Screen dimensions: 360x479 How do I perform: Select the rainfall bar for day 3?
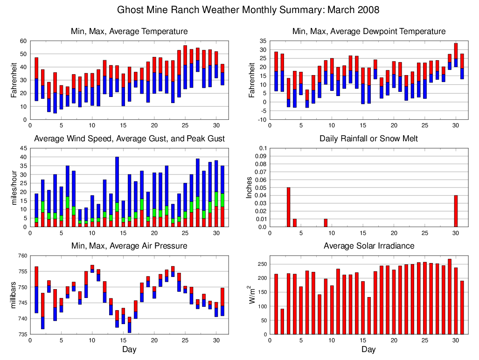click(x=289, y=207)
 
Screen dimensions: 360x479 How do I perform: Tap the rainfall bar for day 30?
click(x=456, y=211)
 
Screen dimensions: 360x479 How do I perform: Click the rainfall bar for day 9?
click(x=326, y=223)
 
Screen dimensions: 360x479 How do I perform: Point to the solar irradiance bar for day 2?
click(x=282, y=321)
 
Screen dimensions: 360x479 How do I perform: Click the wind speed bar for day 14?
click(x=117, y=192)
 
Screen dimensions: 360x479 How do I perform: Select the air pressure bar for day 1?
click(x=36, y=290)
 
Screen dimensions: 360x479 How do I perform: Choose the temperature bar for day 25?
click(x=185, y=67)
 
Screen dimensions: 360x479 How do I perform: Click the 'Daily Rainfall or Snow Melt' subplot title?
click(x=368, y=138)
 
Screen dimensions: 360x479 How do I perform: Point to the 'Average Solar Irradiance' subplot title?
click(x=368, y=246)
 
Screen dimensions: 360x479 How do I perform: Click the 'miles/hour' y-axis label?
click(x=14, y=187)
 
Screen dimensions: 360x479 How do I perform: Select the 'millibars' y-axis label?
click(x=14, y=295)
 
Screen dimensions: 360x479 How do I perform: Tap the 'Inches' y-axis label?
click(x=250, y=187)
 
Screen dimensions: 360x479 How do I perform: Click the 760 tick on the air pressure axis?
click(x=21, y=256)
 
